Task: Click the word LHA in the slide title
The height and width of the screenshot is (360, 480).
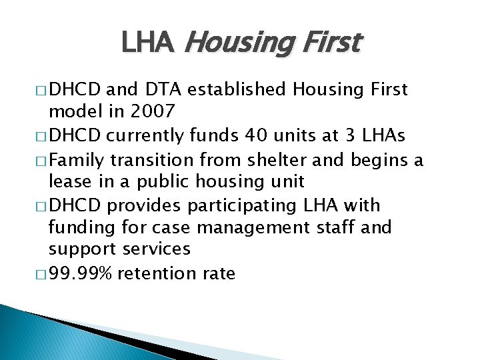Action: click(147, 43)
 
